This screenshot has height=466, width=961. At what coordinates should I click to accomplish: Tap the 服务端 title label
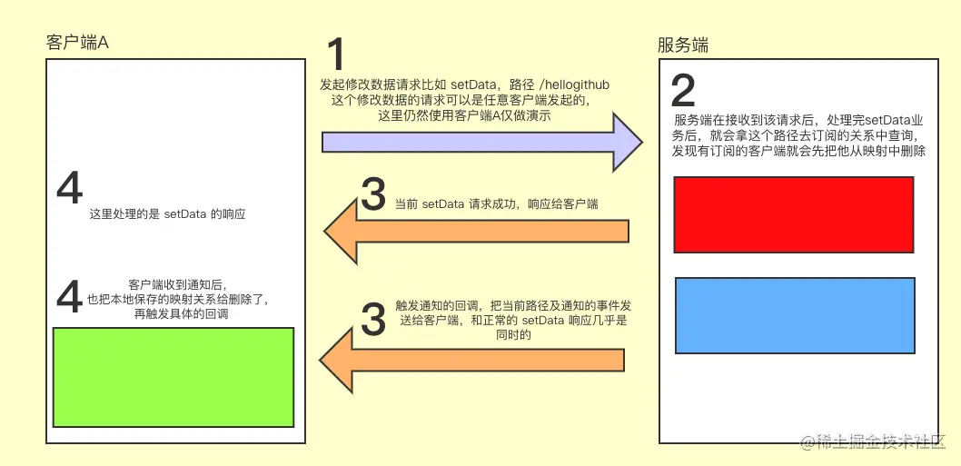[x=682, y=45]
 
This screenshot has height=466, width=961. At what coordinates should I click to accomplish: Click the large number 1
[x=335, y=55]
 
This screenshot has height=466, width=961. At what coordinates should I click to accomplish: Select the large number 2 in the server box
[x=683, y=90]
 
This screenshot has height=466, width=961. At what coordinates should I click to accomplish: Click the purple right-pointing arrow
[x=481, y=141]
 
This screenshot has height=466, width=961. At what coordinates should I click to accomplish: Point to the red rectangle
[x=793, y=214]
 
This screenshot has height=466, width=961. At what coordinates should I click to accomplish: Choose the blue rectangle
[x=795, y=314]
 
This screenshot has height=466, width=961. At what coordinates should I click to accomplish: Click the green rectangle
[x=173, y=377]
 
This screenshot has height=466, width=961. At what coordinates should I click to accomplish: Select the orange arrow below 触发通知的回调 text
[x=472, y=359]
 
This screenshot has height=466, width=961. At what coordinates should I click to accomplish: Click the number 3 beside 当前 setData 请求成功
[x=373, y=194]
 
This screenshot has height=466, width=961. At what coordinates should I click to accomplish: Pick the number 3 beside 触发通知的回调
[x=373, y=318]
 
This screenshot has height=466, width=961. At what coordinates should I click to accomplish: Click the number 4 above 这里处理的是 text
[x=69, y=189]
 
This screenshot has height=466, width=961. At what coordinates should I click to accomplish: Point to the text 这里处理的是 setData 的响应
[x=168, y=215]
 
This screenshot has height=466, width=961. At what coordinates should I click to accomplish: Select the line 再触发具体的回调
[x=181, y=313]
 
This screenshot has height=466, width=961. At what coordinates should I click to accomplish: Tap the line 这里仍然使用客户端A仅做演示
[x=464, y=115]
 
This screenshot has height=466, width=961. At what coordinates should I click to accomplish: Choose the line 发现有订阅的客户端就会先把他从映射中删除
[x=798, y=151]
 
